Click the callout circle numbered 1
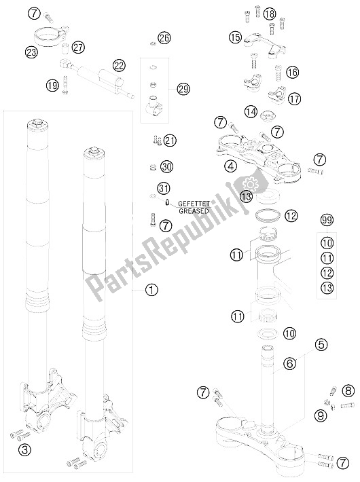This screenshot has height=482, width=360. (151, 289)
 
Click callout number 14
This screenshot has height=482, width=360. (250, 111)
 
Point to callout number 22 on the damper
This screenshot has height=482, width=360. (119, 65)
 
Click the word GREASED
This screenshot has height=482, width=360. (193, 210)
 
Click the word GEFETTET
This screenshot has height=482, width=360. (194, 203)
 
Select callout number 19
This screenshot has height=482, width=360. (52, 85)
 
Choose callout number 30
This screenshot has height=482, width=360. (168, 166)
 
